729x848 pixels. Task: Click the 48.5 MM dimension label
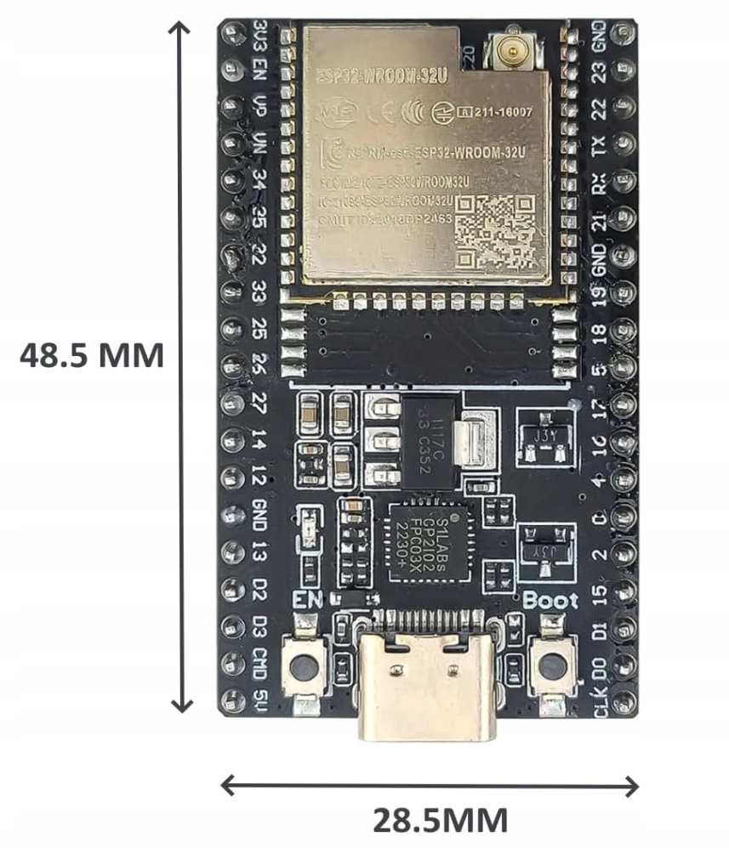92,355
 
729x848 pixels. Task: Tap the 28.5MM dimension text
441,822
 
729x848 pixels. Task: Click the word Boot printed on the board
550,600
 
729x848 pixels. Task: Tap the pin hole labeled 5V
231,700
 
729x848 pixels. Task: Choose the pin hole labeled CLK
624,701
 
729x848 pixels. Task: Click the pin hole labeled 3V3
232,32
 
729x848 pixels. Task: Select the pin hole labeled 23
624,70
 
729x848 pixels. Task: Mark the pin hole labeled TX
624,144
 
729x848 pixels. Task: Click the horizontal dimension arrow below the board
430,785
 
